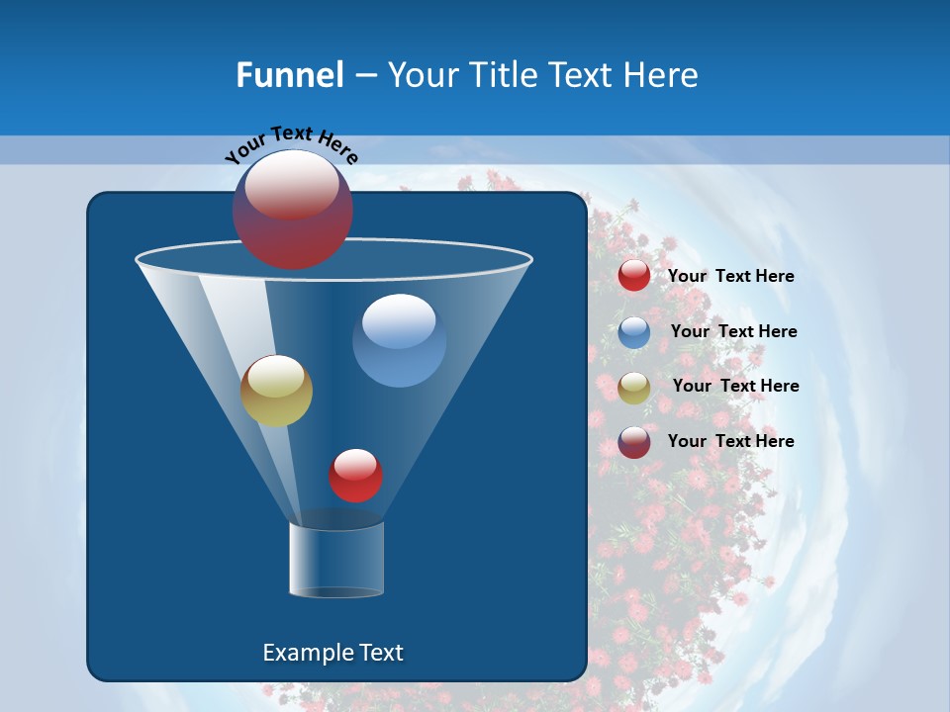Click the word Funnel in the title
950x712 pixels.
point(289,75)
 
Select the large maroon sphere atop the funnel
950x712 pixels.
point(292,210)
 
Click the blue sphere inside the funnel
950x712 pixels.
point(399,340)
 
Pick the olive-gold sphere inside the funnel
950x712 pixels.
point(276,391)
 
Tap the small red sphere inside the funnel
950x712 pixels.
point(355,475)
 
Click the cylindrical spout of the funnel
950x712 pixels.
point(336,561)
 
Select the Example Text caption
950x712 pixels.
point(332,653)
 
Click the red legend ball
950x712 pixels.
point(634,276)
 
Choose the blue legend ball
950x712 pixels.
point(634,332)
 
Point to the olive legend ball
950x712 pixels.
point(634,388)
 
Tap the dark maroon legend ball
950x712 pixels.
point(634,442)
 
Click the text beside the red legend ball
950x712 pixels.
point(730,277)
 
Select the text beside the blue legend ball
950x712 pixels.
point(733,332)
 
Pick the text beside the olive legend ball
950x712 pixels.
point(735,387)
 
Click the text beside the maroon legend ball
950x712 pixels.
point(730,442)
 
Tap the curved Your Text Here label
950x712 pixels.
point(291,143)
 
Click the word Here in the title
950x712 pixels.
point(660,75)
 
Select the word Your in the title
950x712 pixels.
point(418,75)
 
